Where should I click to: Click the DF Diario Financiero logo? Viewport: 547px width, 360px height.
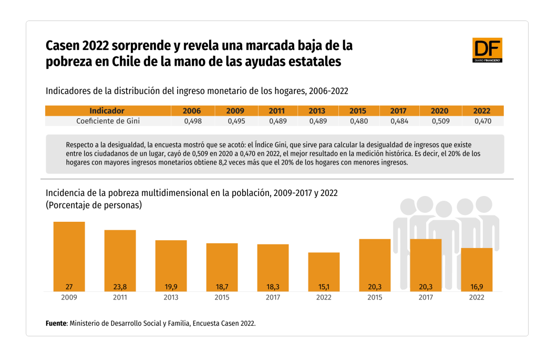pyautogui.click(x=487, y=50)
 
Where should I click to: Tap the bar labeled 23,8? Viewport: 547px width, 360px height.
pyautogui.click(x=120, y=260)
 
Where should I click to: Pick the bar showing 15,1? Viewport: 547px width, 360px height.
pyautogui.click(x=324, y=271)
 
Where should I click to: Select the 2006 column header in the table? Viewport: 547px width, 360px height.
pyautogui.click(x=191, y=111)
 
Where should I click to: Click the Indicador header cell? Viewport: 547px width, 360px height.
pyautogui.click(x=107, y=111)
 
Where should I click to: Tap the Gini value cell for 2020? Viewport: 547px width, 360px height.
pyautogui.click(x=439, y=121)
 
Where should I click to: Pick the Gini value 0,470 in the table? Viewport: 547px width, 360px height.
pyautogui.click(x=482, y=121)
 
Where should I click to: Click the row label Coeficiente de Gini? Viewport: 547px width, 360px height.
pyautogui.click(x=108, y=121)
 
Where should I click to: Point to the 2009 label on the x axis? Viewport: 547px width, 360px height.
pyautogui.click(x=69, y=297)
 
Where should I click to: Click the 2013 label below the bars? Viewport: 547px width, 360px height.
pyautogui.click(x=171, y=297)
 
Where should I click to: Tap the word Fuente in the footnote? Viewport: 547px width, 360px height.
pyautogui.click(x=56, y=323)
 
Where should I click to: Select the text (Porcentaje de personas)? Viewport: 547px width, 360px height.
pyautogui.click(x=94, y=205)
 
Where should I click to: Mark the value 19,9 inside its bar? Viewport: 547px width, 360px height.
pyautogui.click(x=171, y=287)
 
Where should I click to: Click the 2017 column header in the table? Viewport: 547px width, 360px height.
pyautogui.click(x=399, y=111)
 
